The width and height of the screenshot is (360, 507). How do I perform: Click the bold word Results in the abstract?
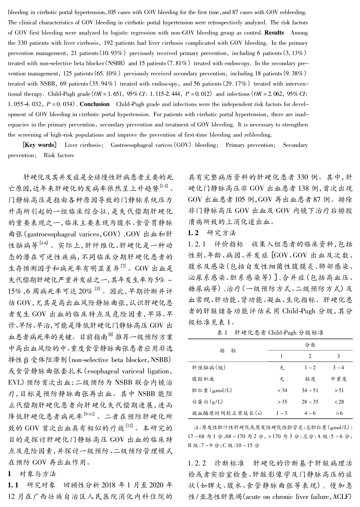pyautogui.click(x=274, y=33)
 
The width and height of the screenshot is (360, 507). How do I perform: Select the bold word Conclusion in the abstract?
pyautogui.click(x=95, y=104)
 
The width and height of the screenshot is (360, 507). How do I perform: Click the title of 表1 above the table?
pyautogui.click(x=270, y=332)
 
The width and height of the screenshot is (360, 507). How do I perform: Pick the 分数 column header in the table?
pyautogui.click(x=310, y=345)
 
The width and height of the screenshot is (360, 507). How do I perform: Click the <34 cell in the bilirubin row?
pyautogui.click(x=282, y=390)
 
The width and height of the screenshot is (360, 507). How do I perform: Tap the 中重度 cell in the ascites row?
pyautogui.click(x=338, y=379)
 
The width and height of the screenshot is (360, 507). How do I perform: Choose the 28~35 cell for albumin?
pyautogui.click(x=310, y=401)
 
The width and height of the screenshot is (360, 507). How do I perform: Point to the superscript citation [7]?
pyautogui.click(x=123, y=266)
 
